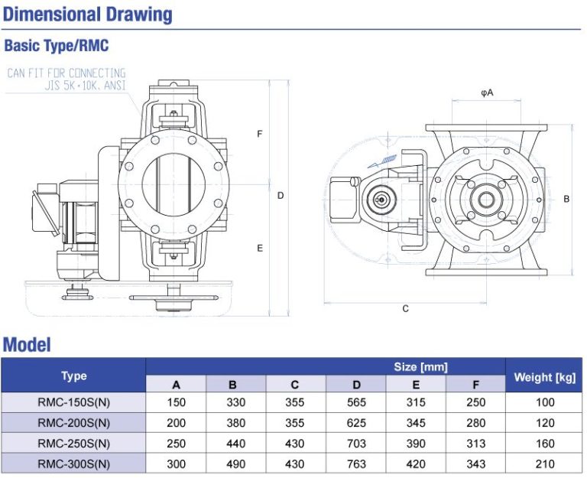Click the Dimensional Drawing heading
tap(89, 15)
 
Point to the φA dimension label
tap(487, 93)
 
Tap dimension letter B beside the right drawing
tap(566, 199)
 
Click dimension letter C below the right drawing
tap(405, 309)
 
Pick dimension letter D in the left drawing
tap(281, 196)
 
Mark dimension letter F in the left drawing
tap(260, 135)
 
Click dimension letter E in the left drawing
tap(260, 249)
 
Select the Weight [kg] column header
tap(543, 376)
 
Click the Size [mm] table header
tap(421, 367)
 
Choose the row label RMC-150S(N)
tap(74, 402)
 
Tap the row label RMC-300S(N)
tap(74, 463)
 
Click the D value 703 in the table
tap(356, 444)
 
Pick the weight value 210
tap(544, 463)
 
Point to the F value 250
tap(476, 402)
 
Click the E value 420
tap(416, 463)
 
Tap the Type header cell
tap(74, 376)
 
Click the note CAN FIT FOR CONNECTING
tap(66, 73)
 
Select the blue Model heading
tap(28, 344)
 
